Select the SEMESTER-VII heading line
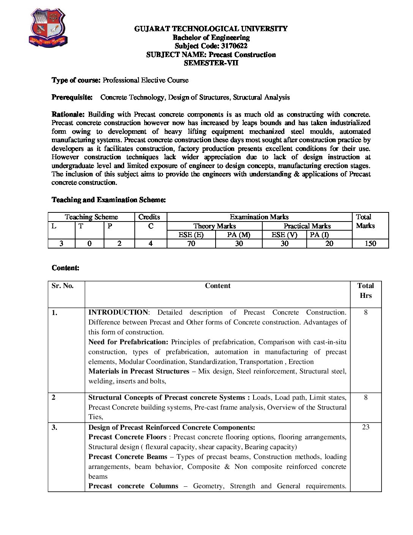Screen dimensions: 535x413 [211, 63]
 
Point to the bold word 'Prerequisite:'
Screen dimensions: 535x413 [72, 97]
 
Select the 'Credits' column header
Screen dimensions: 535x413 [149, 217]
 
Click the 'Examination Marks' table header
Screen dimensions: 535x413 [259, 217]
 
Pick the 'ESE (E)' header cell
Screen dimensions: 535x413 [191, 235]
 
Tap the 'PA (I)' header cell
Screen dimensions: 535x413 [319, 235]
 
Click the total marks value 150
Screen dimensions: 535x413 [370, 244]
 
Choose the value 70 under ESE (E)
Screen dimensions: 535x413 [191, 244]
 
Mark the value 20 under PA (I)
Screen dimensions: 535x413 [329, 244]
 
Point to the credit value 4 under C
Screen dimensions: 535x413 [150, 244]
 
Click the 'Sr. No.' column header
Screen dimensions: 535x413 [63, 286]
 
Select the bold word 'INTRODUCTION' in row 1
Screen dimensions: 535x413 [118, 312]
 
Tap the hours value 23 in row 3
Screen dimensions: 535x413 [366, 427]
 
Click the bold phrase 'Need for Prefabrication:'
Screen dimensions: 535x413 [128, 342]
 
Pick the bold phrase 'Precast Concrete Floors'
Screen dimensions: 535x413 [127, 437]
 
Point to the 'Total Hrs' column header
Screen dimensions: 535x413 [366, 291]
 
